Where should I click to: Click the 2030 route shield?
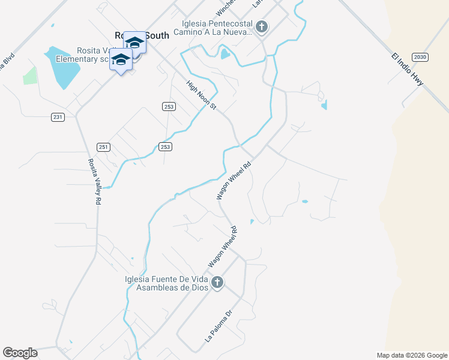pyautogui.click(x=421, y=57)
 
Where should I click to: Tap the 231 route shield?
pyautogui.click(x=57, y=117)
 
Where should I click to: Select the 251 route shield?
pyautogui.click(x=103, y=147)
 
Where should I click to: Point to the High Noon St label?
pyautogui.click(x=201, y=95)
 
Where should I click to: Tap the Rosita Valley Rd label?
pyautogui.click(x=94, y=182)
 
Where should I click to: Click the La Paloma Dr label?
pyautogui.click(x=218, y=326)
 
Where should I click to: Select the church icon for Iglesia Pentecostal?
pyautogui.click(x=262, y=26)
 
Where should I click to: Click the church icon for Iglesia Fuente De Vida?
pyautogui.click(x=217, y=282)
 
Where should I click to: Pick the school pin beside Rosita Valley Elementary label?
pyautogui.click(x=121, y=60)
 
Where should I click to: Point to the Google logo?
pyautogui.click(x=20, y=353)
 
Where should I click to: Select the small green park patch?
pyautogui.click(x=29, y=76)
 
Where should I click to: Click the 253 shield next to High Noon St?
pyautogui.click(x=169, y=106)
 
